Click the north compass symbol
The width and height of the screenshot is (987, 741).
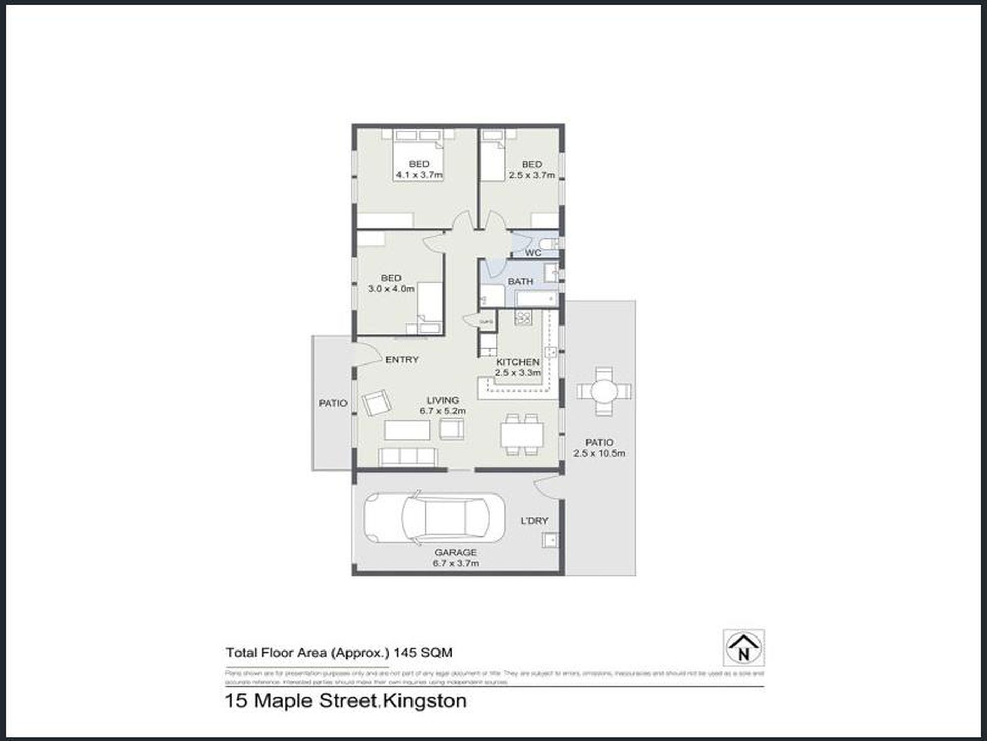(743, 647)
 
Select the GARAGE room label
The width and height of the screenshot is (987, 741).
(455, 552)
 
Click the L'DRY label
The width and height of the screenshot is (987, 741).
(534, 521)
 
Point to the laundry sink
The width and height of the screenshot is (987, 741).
(550, 540)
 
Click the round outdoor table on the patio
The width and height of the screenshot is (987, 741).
(604, 391)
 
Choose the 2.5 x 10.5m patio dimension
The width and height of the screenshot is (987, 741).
(599, 453)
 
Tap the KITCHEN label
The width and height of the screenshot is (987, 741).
(517, 362)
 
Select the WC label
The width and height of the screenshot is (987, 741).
(533, 253)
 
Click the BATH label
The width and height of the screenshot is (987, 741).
(520, 281)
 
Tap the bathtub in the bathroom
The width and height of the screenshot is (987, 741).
(536, 300)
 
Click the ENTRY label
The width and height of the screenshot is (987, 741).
(402, 359)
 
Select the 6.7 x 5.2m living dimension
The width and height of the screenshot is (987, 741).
(443, 411)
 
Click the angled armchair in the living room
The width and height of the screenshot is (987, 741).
(376, 402)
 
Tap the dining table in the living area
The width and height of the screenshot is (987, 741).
(522, 435)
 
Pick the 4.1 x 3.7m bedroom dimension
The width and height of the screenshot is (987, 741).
(419, 175)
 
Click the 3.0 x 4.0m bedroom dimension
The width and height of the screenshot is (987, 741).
(391, 289)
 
